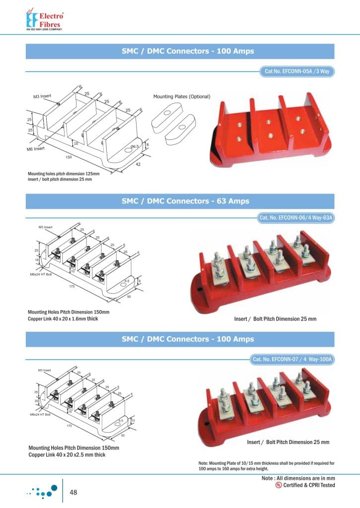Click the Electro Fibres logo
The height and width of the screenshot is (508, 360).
(44, 19)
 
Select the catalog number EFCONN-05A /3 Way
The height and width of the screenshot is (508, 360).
(297, 72)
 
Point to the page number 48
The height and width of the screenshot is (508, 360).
(74, 492)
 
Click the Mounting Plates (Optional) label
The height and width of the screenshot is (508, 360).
(182, 96)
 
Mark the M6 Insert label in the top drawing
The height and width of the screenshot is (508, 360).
(36, 148)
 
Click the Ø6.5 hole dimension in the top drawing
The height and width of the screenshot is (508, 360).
(134, 147)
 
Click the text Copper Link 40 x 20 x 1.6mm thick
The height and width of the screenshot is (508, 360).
(63, 318)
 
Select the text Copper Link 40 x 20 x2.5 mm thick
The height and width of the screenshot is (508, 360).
(67, 454)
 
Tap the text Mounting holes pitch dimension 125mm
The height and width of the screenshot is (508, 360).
(64, 174)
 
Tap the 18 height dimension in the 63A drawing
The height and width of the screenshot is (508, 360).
(38, 260)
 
